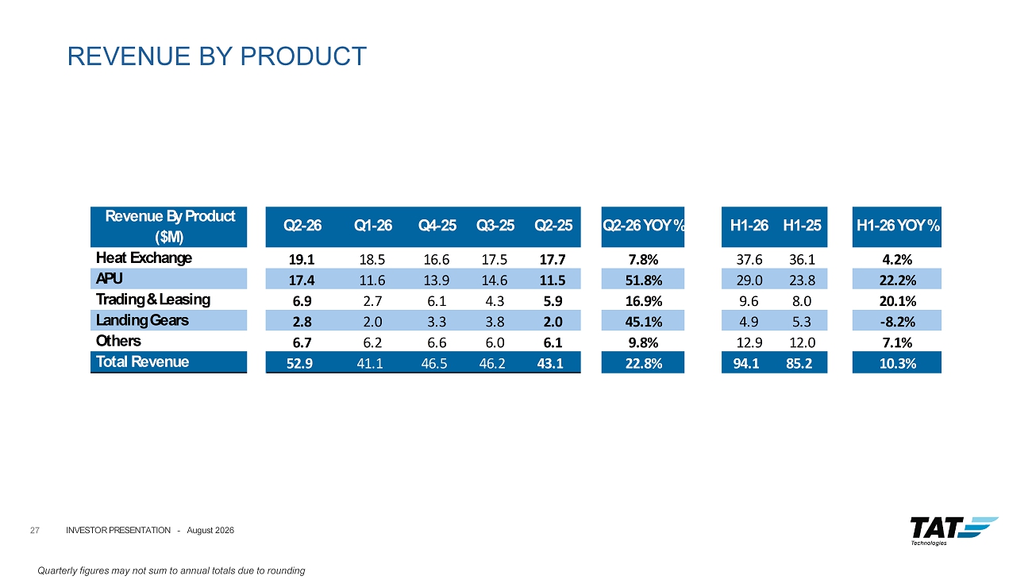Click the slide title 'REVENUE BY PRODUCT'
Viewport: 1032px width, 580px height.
(x=217, y=56)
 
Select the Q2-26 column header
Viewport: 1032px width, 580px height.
(x=302, y=226)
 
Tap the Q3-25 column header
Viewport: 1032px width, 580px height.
(x=495, y=226)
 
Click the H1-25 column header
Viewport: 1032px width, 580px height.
(x=802, y=226)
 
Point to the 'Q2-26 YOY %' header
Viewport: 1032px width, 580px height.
(x=643, y=226)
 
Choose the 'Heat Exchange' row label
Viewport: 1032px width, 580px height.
(x=144, y=257)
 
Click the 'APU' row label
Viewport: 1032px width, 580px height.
(x=110, y=278)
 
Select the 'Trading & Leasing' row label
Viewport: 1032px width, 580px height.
(x=153, y=300)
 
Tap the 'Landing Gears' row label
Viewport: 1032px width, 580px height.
(x=142, y=320)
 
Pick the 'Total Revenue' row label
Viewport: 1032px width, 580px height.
(x=142, y=362)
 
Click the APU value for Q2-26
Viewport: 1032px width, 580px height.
(x=302, y=280)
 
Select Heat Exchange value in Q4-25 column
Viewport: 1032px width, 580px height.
(x=437, y=260)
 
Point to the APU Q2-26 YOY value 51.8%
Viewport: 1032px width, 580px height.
(x=644, y=280)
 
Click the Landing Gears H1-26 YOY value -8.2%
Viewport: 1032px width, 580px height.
(x=898, y=322)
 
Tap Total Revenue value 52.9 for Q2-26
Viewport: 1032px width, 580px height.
(x=299, y=364)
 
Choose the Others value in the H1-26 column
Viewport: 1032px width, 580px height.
(x=749, y=342)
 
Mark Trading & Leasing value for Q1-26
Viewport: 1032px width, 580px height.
(x=372, y=301)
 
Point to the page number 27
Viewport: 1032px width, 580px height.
(x=35, y=531)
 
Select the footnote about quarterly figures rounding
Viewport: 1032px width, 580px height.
(x=171, y=570)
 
